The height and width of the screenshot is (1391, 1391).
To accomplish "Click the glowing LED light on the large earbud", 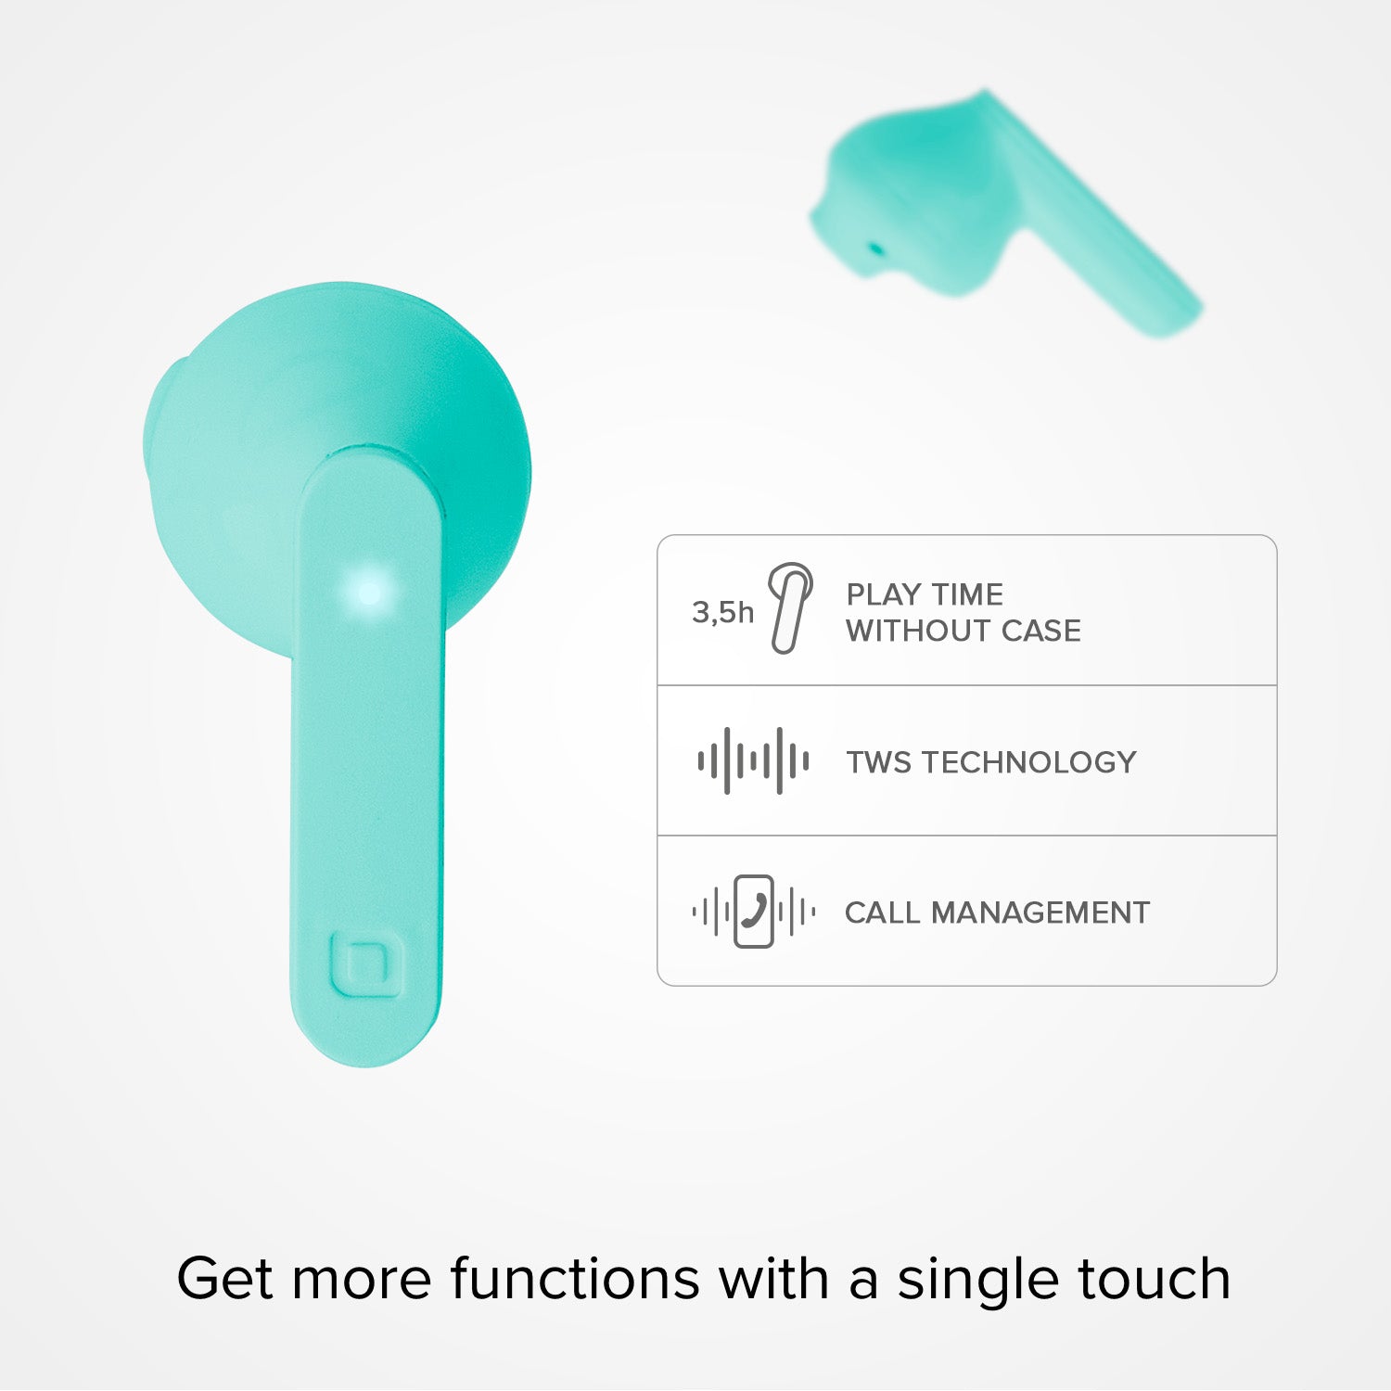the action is click(x=369, y=592).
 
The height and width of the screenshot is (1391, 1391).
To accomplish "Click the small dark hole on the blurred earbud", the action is click(x=874, y=249).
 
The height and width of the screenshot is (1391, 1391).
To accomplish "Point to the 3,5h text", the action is click(x=723, y=612).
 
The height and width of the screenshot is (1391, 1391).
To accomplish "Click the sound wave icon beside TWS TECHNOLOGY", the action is click(x=753, y=761).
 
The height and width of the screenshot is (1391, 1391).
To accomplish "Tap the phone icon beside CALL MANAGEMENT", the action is click(x=754, y=912).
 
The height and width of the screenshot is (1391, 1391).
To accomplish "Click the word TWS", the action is click(x=878, y=762).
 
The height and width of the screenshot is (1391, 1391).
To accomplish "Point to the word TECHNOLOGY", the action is click(x=1029, y=762).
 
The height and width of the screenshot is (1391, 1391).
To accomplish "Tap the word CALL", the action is click(x=882, y=912).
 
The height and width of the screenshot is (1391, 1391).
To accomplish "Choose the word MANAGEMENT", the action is click(x=1040, y=912).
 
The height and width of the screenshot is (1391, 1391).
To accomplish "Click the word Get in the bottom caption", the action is click(x=225, y=1279).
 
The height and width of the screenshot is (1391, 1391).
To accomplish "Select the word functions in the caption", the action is click(x=575, y=1279).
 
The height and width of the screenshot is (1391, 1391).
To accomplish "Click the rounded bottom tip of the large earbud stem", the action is click(x=368, y=1064).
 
